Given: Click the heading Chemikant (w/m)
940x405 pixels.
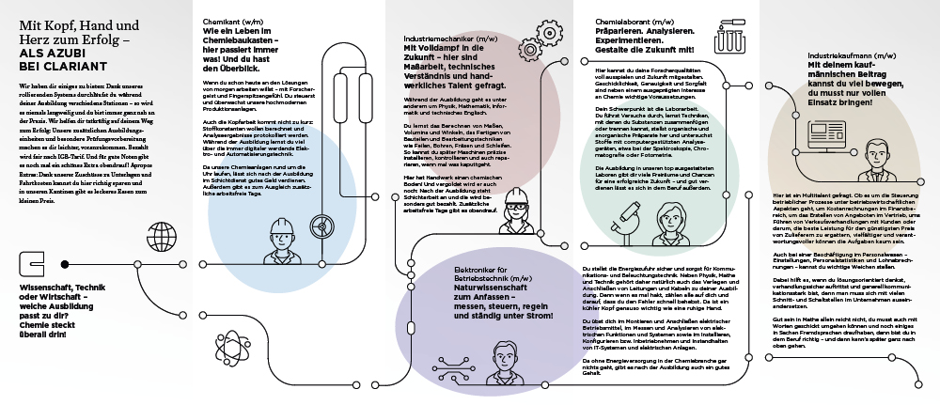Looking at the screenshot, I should point(230,20).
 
